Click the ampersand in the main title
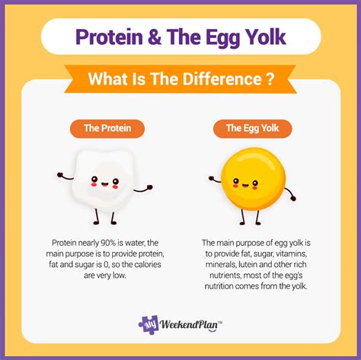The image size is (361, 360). (x=155, y=37)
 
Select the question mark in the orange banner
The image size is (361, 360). (x=270, y=79)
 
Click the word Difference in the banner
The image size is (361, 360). (x=222, y=79)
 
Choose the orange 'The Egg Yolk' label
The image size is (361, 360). (x=252, y=129)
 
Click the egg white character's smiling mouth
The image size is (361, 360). (x=105, y=183)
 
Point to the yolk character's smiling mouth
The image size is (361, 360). (x=245, y=185)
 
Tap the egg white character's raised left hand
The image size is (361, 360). (x=60, y=175)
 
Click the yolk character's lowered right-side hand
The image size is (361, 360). (x=293, y=198)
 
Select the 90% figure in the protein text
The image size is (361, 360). (x=108, y=243)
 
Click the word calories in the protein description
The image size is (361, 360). (x=148, y=265)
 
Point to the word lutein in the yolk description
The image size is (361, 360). (x=248, y=265)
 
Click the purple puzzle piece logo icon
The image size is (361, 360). (x=149, y=324)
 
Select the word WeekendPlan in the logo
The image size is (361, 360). (x=189, y=325)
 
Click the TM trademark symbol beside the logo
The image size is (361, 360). (x=220, y=323)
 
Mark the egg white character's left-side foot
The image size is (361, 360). (x=96, y=223)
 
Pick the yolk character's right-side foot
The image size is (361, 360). (x=258, y=224)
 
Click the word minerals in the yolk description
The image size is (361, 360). (x=221, y=265)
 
